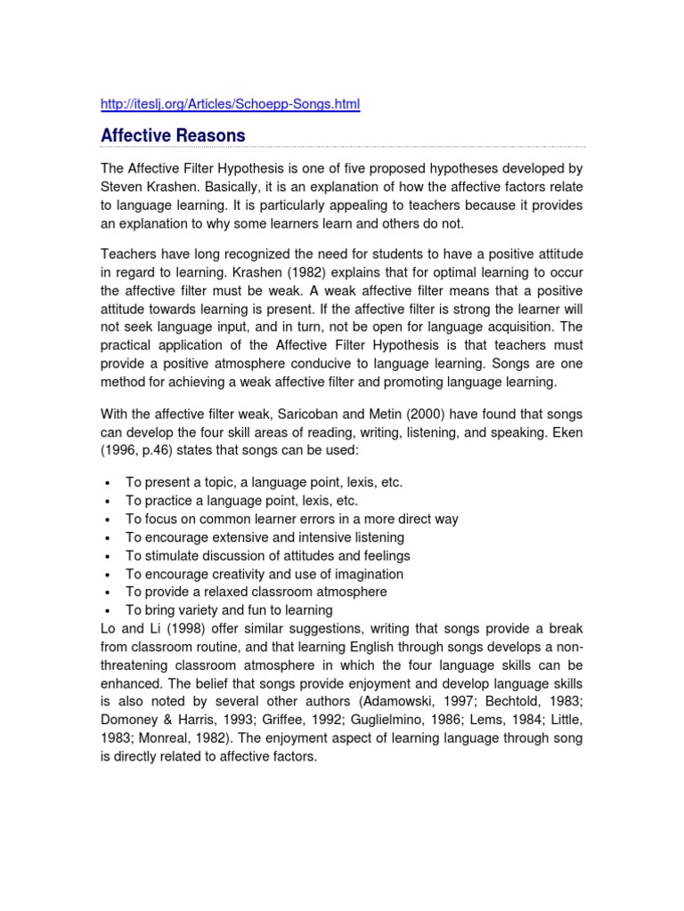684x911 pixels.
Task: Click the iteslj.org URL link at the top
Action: click(x=231, y=105)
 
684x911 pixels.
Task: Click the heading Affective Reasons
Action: click(x=173, y=135)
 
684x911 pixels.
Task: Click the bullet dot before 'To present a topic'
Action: click(x=107, y=483)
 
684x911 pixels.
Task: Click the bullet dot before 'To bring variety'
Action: click(x=107, y=611)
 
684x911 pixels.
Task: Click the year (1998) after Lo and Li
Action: click(x=183, y=629)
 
